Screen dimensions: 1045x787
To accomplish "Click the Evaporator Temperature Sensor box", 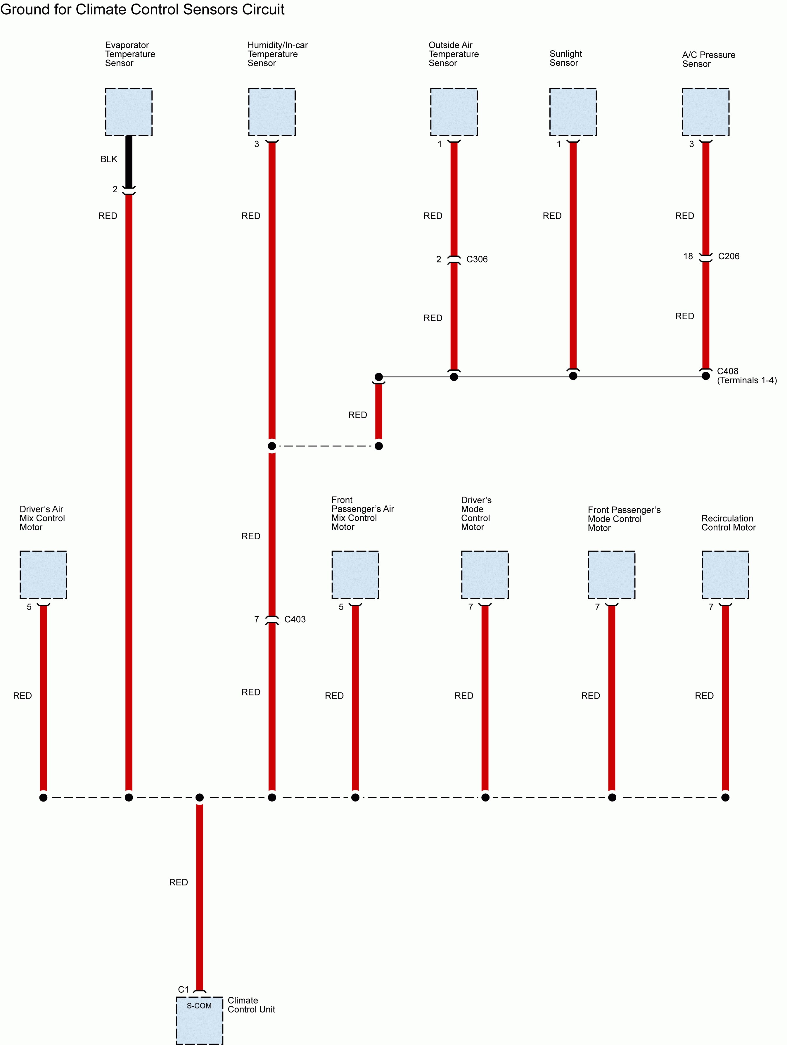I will pos(129,112).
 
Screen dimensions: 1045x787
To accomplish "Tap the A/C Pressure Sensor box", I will pos(705,112).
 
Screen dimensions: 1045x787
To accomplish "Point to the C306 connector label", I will pos(477,259).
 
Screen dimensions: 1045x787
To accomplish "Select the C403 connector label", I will pos(295,619).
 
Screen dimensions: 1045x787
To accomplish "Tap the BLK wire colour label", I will pos(109,159).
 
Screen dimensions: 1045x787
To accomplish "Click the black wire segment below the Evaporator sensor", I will pos(129,161).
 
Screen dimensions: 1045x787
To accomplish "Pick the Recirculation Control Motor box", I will pos(725,574).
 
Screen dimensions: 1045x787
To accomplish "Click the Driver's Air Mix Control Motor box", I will pos(43,574).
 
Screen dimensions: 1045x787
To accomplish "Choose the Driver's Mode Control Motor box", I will pos(485,574).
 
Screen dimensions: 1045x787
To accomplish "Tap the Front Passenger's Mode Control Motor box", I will pos(611,574).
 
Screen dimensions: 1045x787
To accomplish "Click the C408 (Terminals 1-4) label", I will pos(746,376).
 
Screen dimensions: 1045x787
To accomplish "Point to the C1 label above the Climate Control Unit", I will pos(183,989).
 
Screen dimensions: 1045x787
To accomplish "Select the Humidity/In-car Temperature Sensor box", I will pos(271,112).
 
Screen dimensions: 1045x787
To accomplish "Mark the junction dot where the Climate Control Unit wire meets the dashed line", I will pos(199,797).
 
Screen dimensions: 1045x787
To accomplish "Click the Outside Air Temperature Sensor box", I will pos(454,112).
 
